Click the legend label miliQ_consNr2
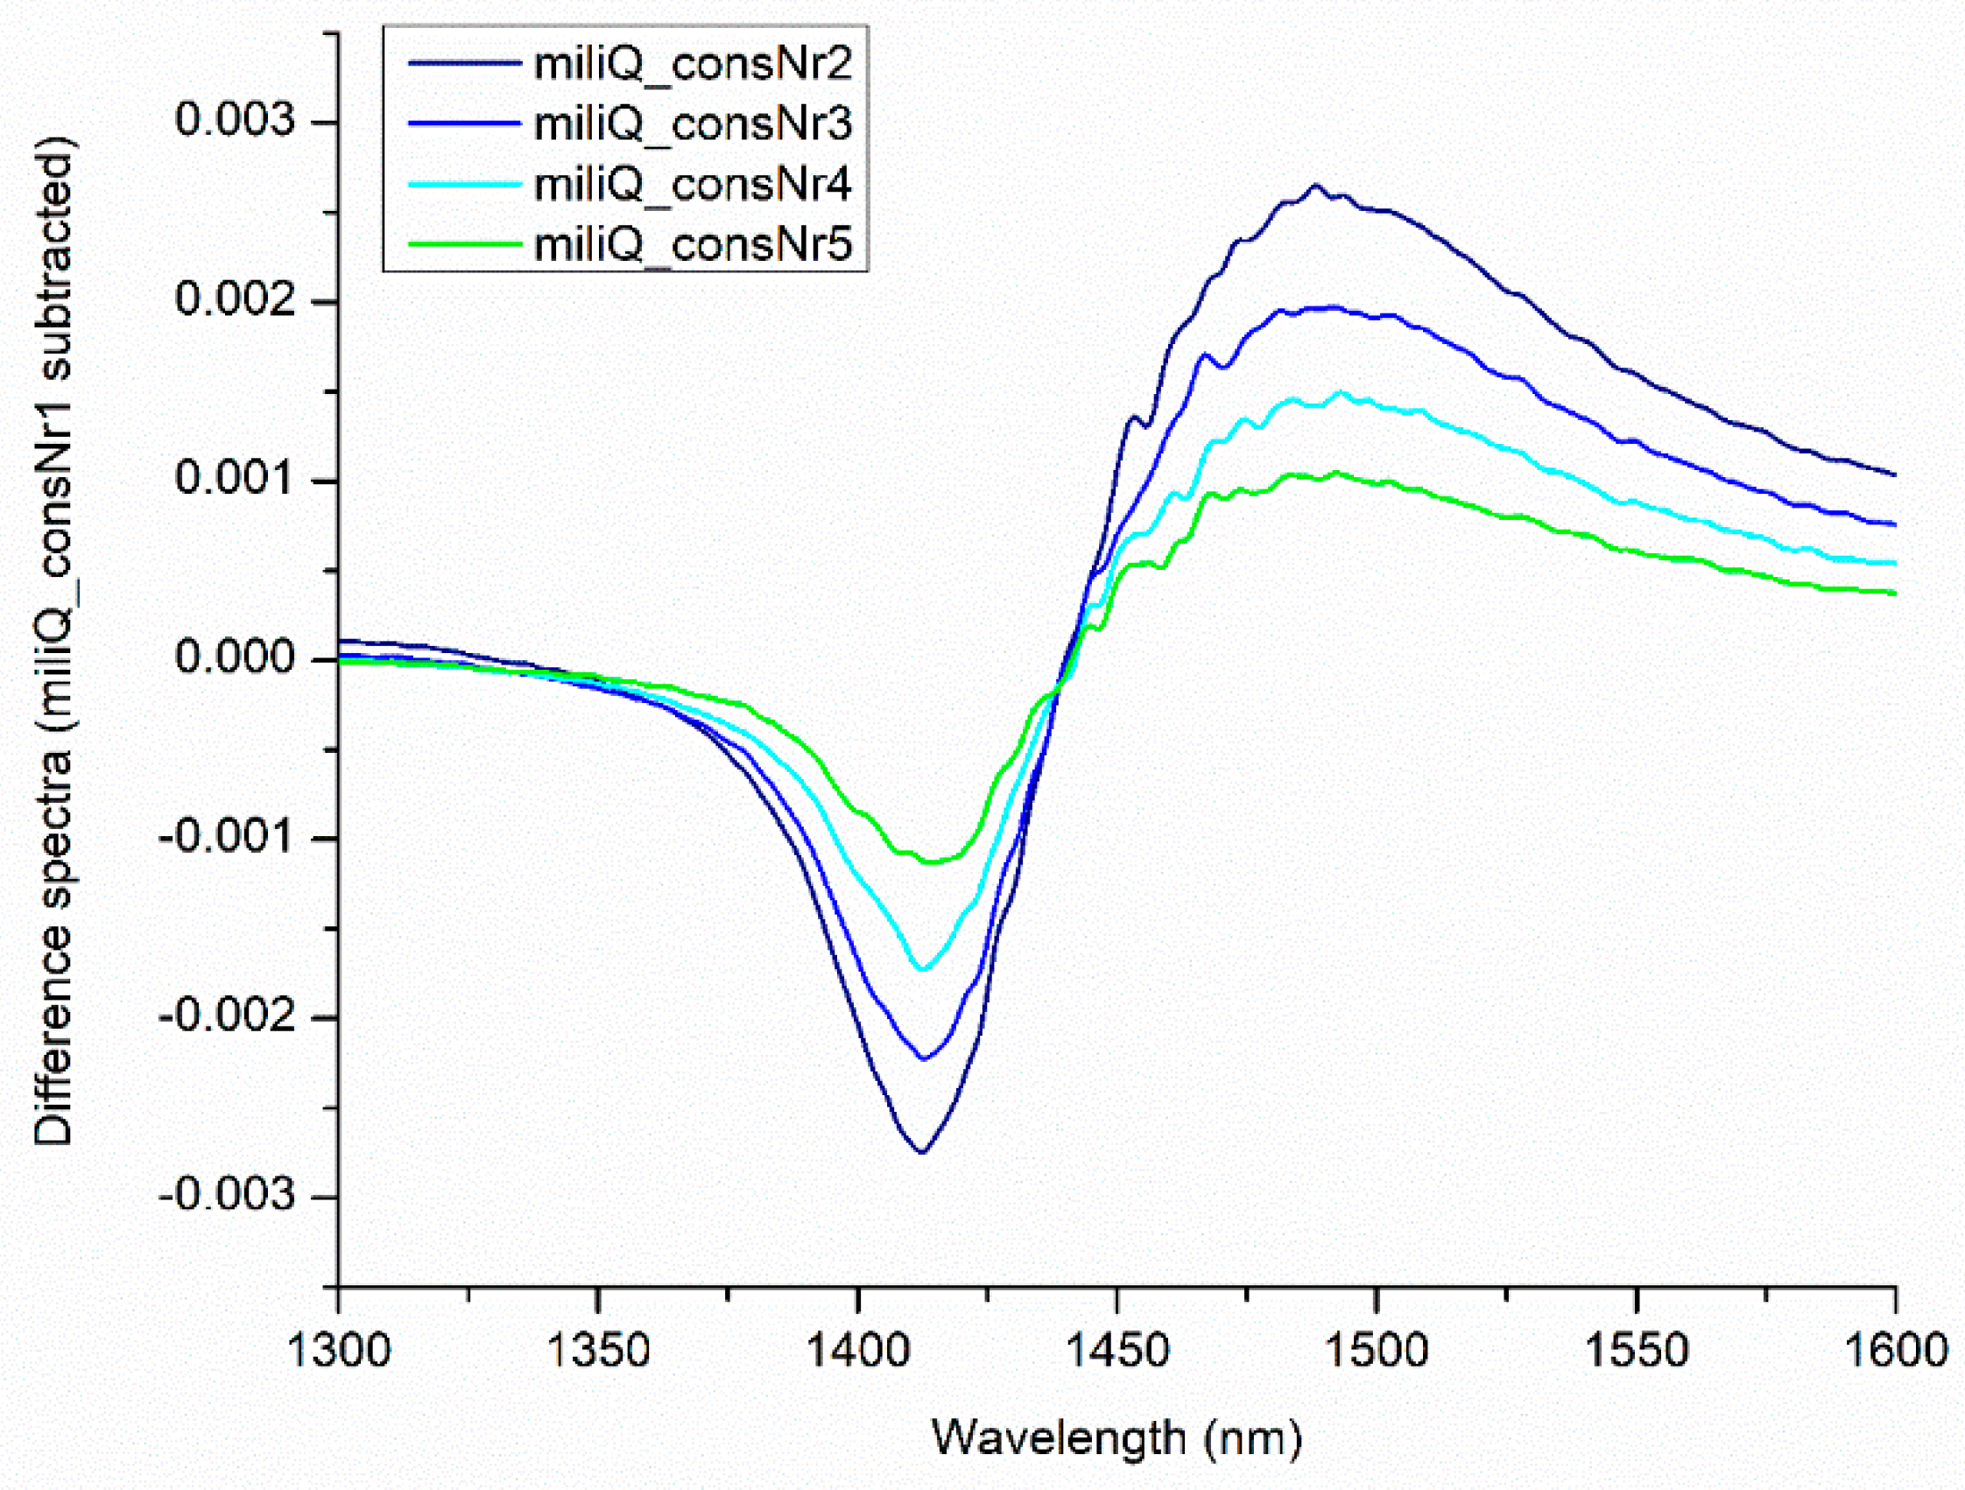click(x=692, y=64)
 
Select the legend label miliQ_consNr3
click(x=692, y=123)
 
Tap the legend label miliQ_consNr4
click(x=692, y=184)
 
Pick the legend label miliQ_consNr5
click(x=692, y=243)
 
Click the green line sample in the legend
click(x=463, y=243)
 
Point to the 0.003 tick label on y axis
click(x=234, y=120)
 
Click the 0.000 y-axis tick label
click(x=234, y=658)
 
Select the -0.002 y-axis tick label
click(x=226, y=1016)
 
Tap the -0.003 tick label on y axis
click(x=226, y=1195)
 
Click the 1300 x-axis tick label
click(x=339, y=1351)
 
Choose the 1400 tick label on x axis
click(x=857, y=1351)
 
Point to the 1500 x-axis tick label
click(x=1376, y=1351)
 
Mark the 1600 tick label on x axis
click(x=1896, y=1351)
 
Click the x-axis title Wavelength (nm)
click(x=1116, y=1437)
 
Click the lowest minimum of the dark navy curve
click(x=923, y=1153)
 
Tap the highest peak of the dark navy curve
click(x=1314, y=185)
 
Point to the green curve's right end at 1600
click(x=1894, y=594)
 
